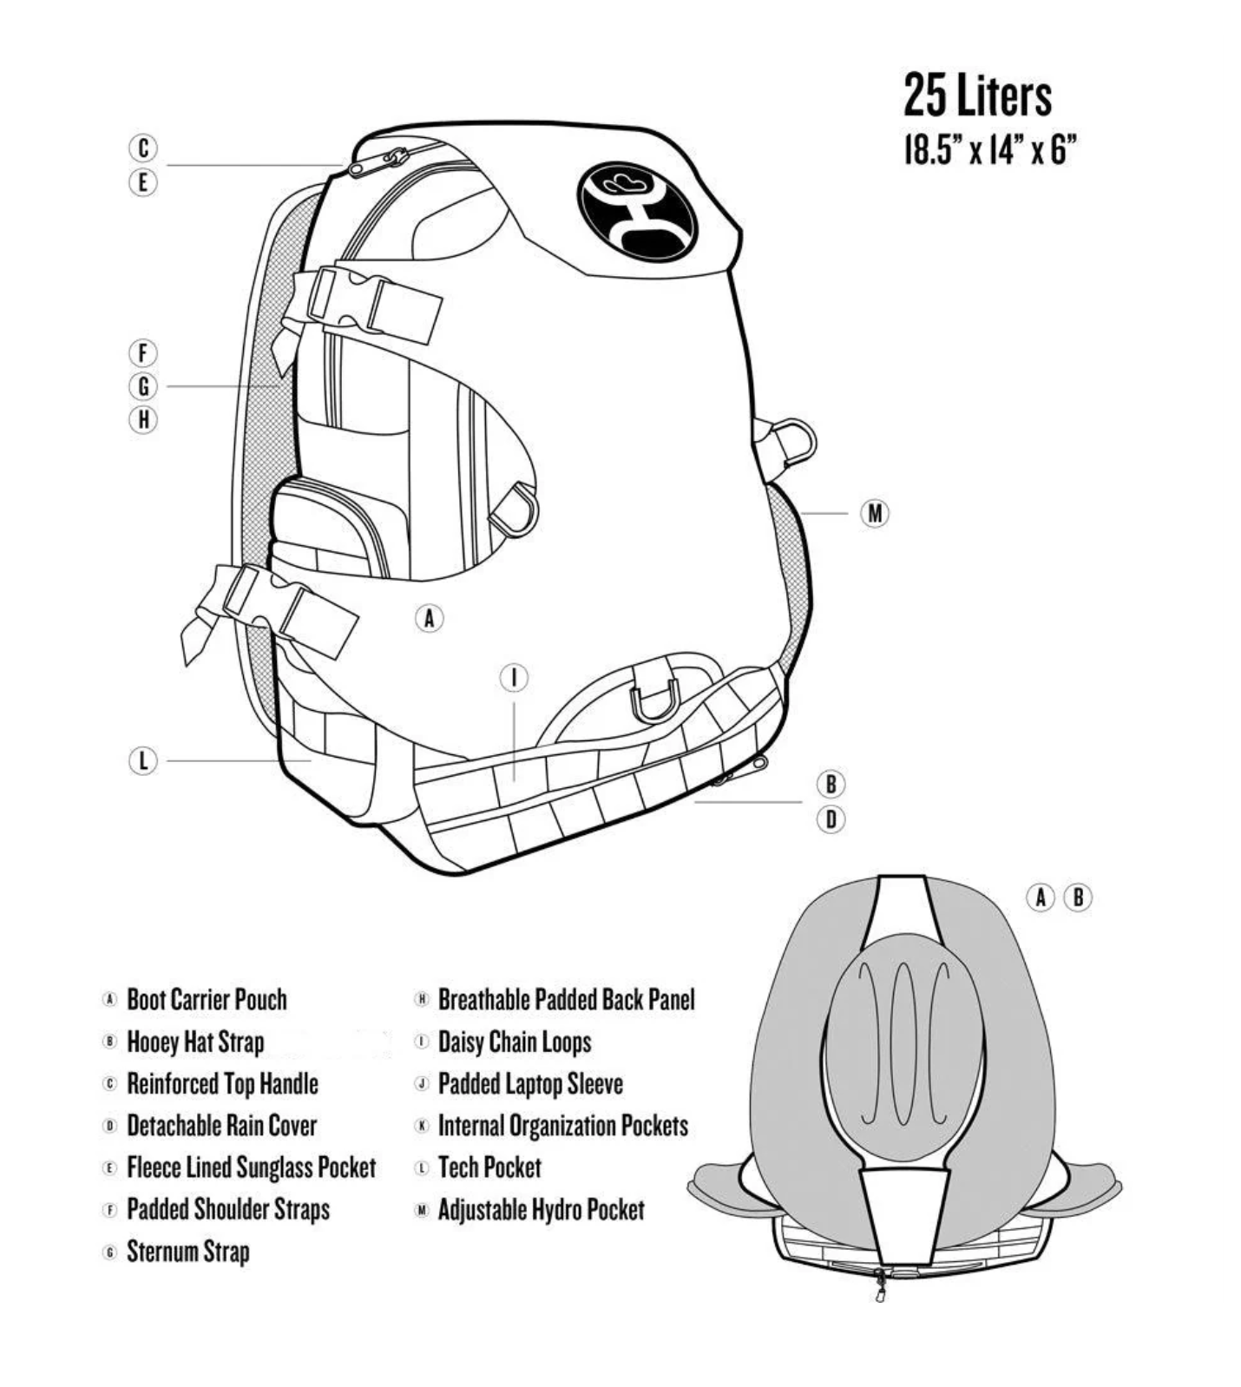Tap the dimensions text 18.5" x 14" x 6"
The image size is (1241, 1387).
989,151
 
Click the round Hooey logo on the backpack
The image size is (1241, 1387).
636,210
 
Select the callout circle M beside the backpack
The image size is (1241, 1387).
874,513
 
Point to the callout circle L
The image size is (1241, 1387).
143,761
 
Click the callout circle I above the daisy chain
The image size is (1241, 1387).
514,678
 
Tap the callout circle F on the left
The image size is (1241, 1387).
143,353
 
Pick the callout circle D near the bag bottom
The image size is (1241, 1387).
831,818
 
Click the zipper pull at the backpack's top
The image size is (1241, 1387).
396,158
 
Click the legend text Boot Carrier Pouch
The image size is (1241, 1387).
207,1000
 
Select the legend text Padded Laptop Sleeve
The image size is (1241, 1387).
530,1084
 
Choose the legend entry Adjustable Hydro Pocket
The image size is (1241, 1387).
541,1210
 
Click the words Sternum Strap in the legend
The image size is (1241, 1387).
188,1252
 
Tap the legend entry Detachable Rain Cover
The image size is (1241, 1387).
221,1126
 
